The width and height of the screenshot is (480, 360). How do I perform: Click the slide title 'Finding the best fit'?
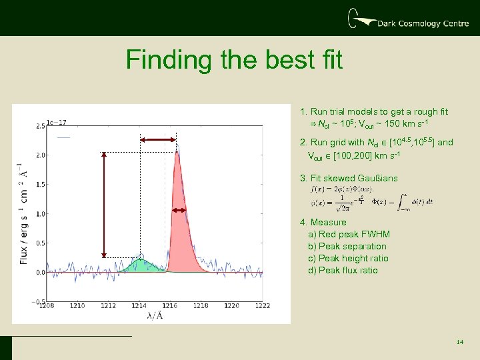coord(234,60)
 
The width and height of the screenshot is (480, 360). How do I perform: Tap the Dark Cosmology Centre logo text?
coord(418,23)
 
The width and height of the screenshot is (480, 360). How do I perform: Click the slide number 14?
coord(460,342)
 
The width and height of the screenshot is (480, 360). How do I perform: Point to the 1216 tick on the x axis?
coord(170,305)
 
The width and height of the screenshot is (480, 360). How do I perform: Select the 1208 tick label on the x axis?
coord(47,305)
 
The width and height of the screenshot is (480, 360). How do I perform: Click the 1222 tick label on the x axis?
coord(263,305)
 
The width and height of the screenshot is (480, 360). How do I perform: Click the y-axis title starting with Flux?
coord(23,213)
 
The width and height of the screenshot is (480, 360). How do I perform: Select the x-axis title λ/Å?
coord(154,316)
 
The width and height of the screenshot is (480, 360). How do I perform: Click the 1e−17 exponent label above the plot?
coord(56,123)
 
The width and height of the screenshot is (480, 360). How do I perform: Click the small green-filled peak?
coord(139,265)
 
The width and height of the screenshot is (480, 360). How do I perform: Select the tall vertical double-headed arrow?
coord(104,204)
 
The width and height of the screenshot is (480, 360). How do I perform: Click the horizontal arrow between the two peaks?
coord(159,139)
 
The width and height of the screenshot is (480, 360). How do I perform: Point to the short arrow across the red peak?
coord(179,210)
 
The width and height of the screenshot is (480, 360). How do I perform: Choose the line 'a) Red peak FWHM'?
coord(349,234)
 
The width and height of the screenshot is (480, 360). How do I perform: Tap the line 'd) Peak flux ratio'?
coord(343,270)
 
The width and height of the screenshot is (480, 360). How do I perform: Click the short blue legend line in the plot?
coord(63,137)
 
